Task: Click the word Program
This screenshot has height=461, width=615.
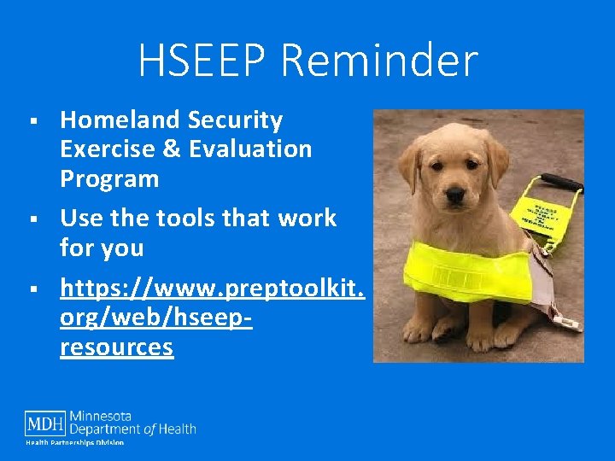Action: [x=109, y=179]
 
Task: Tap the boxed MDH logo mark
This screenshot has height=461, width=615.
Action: [x=45, y=423]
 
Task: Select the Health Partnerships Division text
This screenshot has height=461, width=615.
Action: [x=74, y=442]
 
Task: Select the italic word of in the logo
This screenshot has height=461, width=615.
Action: [x=151, y=429]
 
